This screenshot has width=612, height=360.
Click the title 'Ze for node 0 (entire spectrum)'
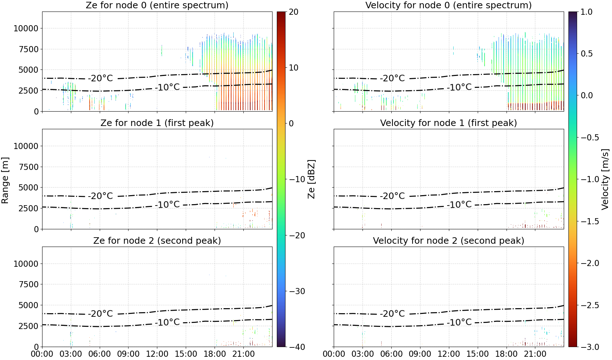[157, 5]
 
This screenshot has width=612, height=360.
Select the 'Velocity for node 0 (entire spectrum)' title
[449, 5]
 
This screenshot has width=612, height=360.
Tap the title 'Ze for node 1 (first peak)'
[157, 123]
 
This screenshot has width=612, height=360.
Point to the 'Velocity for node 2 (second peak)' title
[449, 240]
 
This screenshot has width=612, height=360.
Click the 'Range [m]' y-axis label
[5, 180]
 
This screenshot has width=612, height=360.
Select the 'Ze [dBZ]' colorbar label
[311, 179]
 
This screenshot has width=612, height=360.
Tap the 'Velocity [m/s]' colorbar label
[606, 179]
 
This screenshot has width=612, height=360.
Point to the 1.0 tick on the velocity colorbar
[586, 12]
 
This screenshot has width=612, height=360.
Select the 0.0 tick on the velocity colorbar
[586, 95]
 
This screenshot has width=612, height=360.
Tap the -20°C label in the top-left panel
[100, 78]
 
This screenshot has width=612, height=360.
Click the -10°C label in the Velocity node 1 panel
[460, 204]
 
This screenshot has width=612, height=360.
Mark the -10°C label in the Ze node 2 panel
[167, 322]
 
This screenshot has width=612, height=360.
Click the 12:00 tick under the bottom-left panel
[157, 354]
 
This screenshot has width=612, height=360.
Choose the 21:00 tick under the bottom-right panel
[535, 354]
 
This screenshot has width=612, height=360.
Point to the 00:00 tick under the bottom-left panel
[42, 354]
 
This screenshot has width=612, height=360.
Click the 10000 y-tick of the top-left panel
[26, 28]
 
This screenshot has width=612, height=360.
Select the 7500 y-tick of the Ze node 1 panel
[28, 167]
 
